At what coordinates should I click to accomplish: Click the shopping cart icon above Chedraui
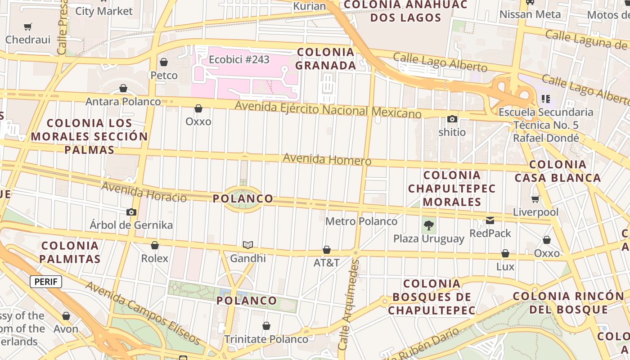(28, 27)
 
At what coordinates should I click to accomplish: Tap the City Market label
(104, 11)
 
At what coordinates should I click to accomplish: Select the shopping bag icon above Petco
(164, 62)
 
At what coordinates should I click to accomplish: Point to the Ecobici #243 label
(239, 59)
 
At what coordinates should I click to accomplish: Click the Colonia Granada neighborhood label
(326, 59)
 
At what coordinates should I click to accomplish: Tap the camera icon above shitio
(452, 119)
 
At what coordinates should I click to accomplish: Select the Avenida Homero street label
(327, 159)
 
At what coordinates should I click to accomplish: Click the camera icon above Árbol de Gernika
(131, 212)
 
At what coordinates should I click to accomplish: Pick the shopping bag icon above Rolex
(155, 245)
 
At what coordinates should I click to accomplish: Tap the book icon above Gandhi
(248, 245)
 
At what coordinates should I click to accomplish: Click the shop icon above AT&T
(327, 250)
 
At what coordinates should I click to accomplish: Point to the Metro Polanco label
(361, 221)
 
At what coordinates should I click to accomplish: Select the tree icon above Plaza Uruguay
(429, 225)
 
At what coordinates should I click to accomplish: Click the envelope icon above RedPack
(490, 220)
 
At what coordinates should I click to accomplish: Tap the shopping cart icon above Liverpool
(535, 199)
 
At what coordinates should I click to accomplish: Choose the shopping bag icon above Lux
(505, 254)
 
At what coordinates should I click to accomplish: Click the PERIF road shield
(46, 282)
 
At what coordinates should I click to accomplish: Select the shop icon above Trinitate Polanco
(266, 326)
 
